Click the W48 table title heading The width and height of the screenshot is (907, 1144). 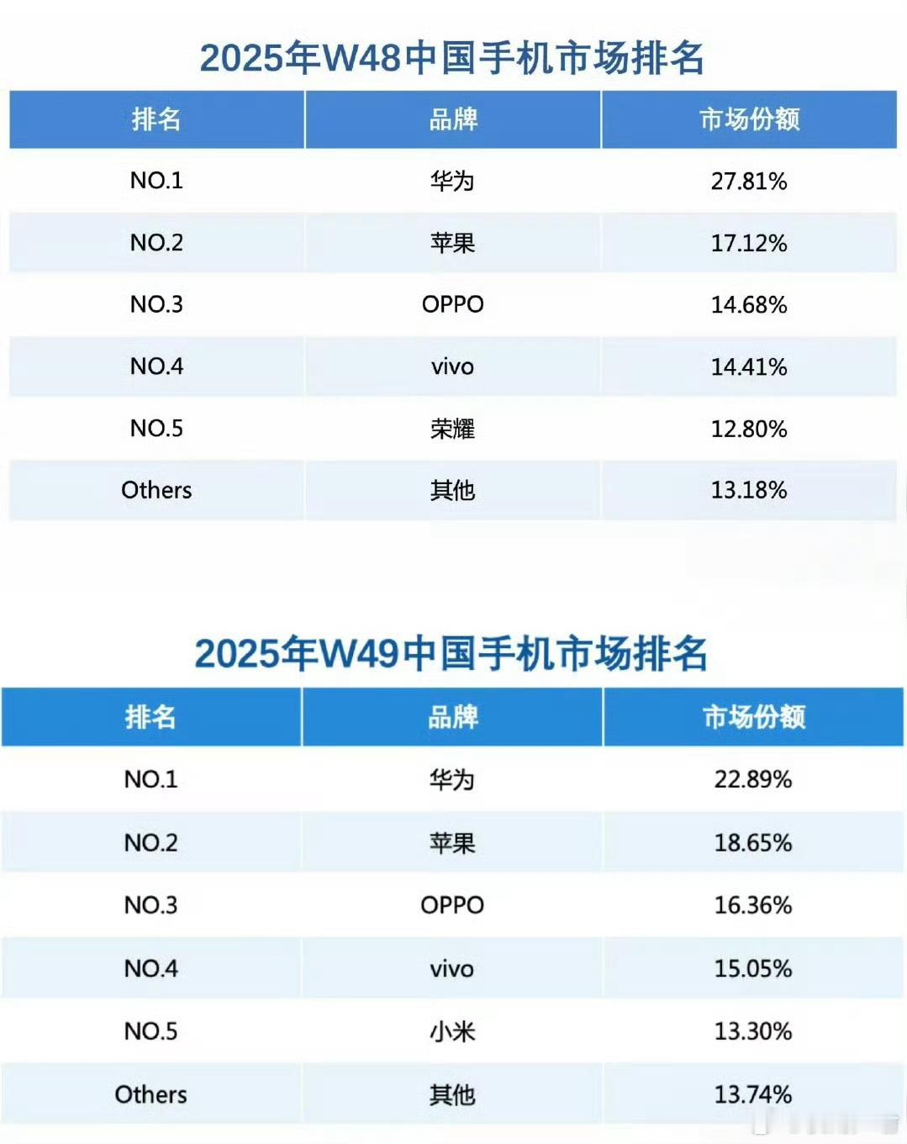[x=452, y=58]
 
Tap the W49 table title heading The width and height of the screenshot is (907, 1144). [x=451, y=653]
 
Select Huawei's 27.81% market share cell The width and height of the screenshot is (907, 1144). [x=749, y=181]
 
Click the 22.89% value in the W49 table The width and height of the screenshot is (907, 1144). [x=753, y=779]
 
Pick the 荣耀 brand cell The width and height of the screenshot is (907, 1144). [x=452, y=429]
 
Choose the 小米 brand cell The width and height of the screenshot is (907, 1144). [x=452, y=1031]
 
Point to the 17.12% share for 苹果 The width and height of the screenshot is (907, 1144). [x=749, y=243]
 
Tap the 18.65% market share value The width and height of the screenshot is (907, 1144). [x=753, y=842]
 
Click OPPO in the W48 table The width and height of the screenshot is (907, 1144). [x=452, y=304]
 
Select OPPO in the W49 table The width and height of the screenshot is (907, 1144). [x=452, y=905]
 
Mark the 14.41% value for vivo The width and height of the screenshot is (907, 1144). [x=749, y=366]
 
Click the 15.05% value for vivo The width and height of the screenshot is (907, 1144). [x=753, y=968]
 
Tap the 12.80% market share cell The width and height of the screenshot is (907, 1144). [x=749, y=429]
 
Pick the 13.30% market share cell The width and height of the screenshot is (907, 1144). [x=753, y=1031]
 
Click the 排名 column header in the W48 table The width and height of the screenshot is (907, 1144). [x=156, y=119]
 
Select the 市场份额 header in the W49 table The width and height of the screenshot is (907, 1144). [x=753, y=717]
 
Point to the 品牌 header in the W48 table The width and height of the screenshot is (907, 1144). [x=453, y=119]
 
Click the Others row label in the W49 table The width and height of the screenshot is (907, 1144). [x=151, y=1094]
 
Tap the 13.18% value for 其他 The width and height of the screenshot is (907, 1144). [x=749, y=490]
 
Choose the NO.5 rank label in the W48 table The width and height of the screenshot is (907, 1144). [x=156, y=429]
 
